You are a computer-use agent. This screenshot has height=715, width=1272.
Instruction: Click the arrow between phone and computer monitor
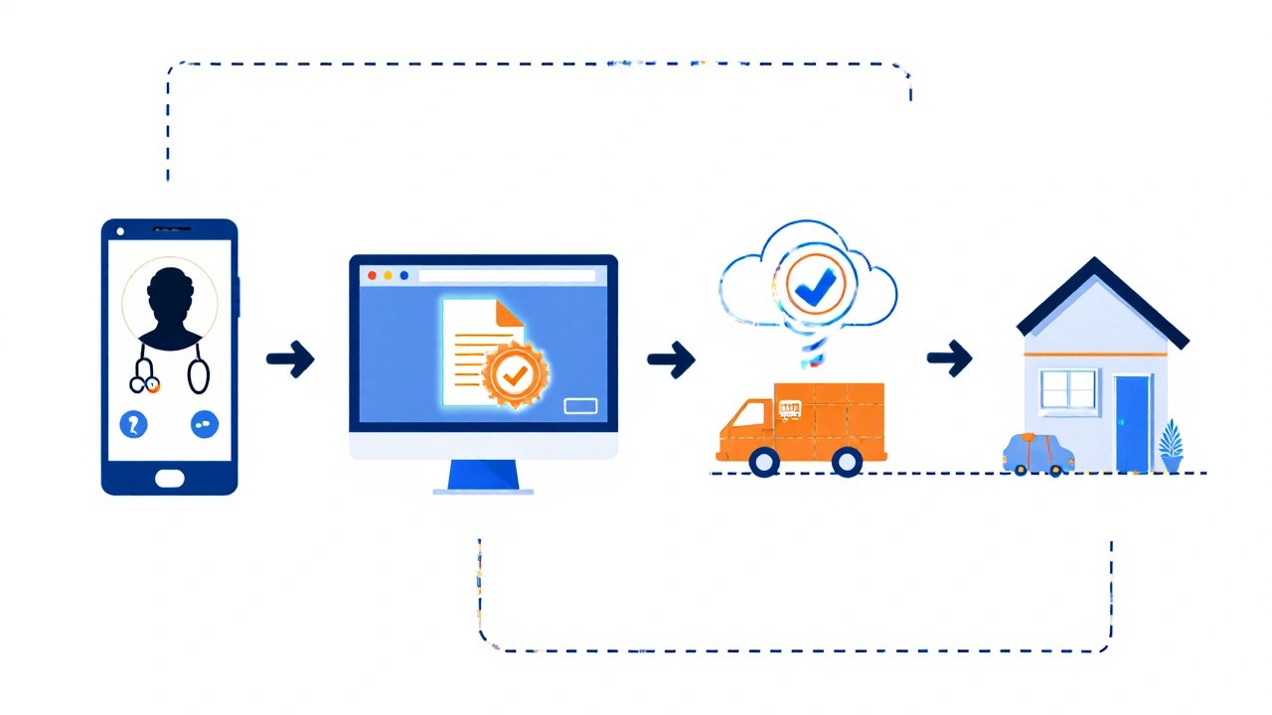pyautogui.click(x=290, y=359)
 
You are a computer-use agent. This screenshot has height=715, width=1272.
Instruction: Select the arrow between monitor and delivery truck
pyautogui.click(x=671, y=359)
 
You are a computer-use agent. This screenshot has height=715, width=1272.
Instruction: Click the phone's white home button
pyautogui.click(x=169, y=477)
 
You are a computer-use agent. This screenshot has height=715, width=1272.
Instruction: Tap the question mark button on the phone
pyautogui.click(x=133, y=425)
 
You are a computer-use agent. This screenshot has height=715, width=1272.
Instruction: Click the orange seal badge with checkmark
pyautogui.click(x=514, y=375)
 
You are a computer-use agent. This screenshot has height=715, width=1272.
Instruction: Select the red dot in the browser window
pyautogui.click(x=373, y=275)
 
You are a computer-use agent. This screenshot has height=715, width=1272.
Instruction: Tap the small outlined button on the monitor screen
pyautogui.click(x=580, y=405)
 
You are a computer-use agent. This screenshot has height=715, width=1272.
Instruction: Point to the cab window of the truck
pyautogui.click(x=756, y=413)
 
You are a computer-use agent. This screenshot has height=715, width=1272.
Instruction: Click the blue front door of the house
pyautogui.click(x=1132, y=423)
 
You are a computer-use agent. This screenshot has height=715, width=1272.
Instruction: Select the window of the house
pyautogui.click(x=1068, y=390)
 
